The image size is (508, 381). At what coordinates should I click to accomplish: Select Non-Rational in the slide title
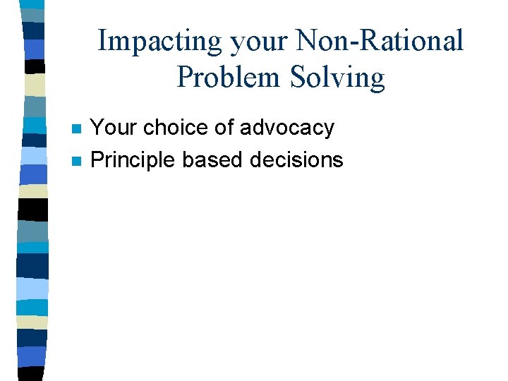[380, 40]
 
